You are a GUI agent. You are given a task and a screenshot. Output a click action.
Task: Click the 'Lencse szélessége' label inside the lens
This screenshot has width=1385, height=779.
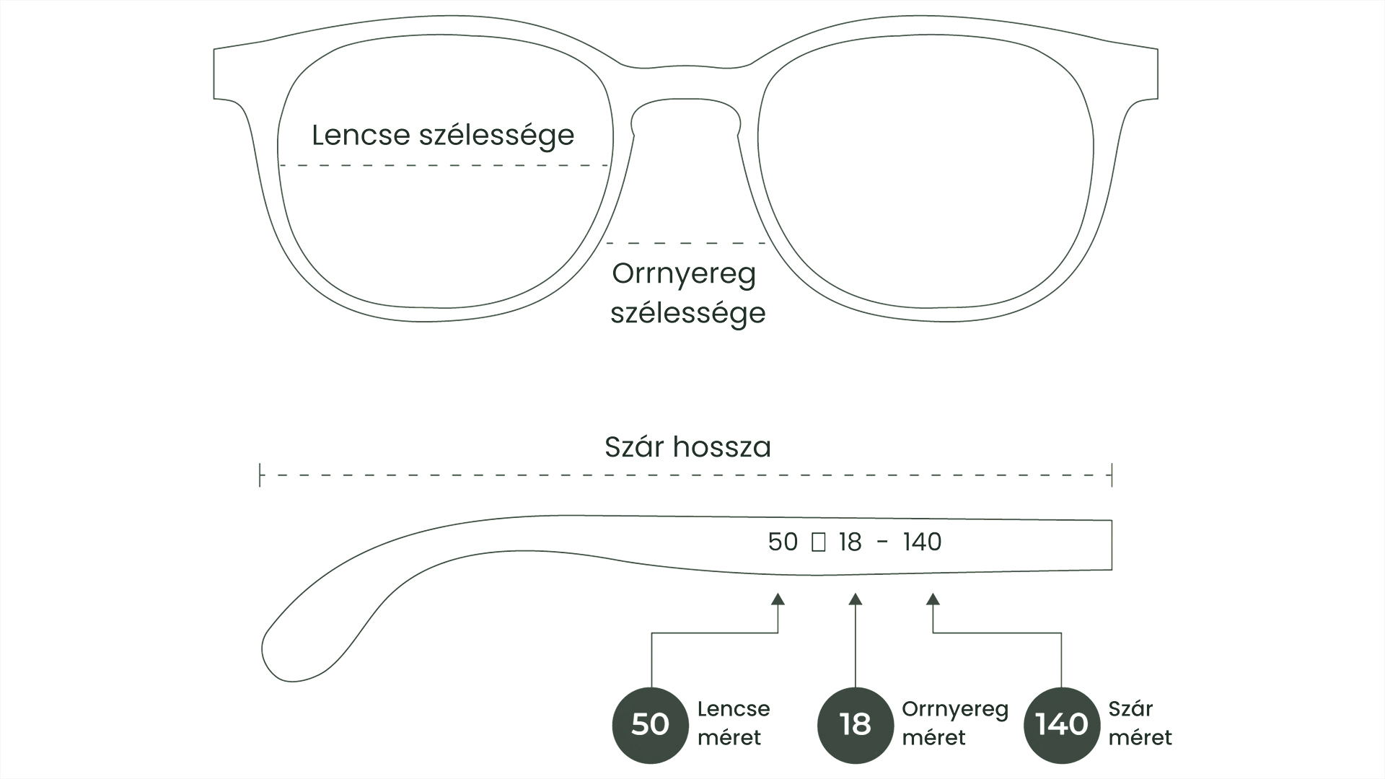443,136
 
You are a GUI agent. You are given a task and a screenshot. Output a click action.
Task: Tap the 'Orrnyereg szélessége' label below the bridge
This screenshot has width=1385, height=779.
687,293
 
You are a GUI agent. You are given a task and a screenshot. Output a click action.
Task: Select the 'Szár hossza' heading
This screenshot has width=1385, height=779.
687,447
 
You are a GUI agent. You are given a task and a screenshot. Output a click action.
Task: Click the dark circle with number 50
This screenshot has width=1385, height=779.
650,724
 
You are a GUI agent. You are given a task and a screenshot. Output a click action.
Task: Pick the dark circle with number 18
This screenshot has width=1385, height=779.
855,724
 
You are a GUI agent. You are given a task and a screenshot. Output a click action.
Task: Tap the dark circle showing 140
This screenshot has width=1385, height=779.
1061,724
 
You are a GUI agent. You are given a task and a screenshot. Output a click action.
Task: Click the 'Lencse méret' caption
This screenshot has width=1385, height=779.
733,723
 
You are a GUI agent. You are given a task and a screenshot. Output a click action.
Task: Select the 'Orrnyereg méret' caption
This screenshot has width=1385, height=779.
954,723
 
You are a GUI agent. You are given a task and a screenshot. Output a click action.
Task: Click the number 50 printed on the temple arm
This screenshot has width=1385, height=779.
783,542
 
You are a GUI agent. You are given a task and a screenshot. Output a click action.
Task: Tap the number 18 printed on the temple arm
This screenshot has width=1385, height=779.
850,542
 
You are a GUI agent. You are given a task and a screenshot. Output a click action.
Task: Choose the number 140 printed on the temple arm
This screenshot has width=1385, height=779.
922,542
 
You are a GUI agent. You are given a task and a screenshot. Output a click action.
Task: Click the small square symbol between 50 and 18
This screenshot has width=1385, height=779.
818,542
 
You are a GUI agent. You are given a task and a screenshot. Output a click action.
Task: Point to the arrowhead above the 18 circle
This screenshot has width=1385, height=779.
855,599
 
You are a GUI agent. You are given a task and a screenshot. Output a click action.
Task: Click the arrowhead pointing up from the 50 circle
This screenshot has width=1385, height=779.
778,599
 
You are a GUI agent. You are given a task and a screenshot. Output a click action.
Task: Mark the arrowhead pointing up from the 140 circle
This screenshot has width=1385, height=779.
933,599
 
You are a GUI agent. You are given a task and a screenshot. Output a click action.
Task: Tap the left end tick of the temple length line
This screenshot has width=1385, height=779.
260,476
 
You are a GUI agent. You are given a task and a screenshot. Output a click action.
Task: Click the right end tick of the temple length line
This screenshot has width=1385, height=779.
1112,476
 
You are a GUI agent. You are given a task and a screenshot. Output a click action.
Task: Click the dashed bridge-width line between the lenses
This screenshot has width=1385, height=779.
685,243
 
